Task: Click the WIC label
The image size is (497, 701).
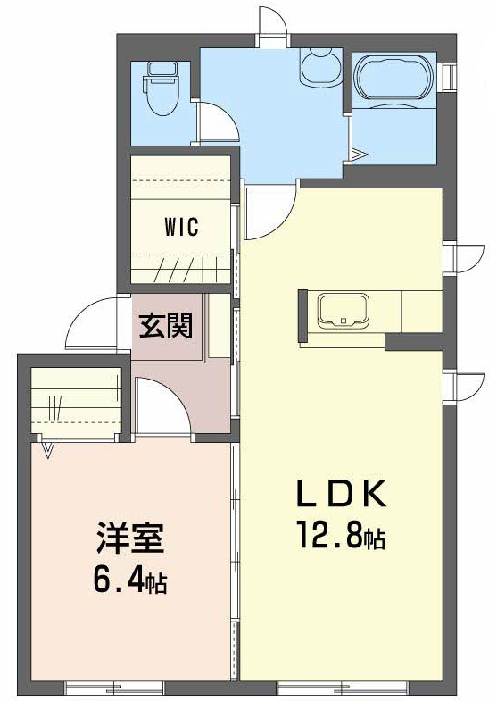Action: coord(180,227)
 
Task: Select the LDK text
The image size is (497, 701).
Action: coord(341,493)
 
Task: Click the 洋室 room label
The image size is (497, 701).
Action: coord(129,540)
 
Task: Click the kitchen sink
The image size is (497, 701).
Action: coord(344,311)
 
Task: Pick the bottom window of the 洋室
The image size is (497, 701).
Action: coord(115,688)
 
